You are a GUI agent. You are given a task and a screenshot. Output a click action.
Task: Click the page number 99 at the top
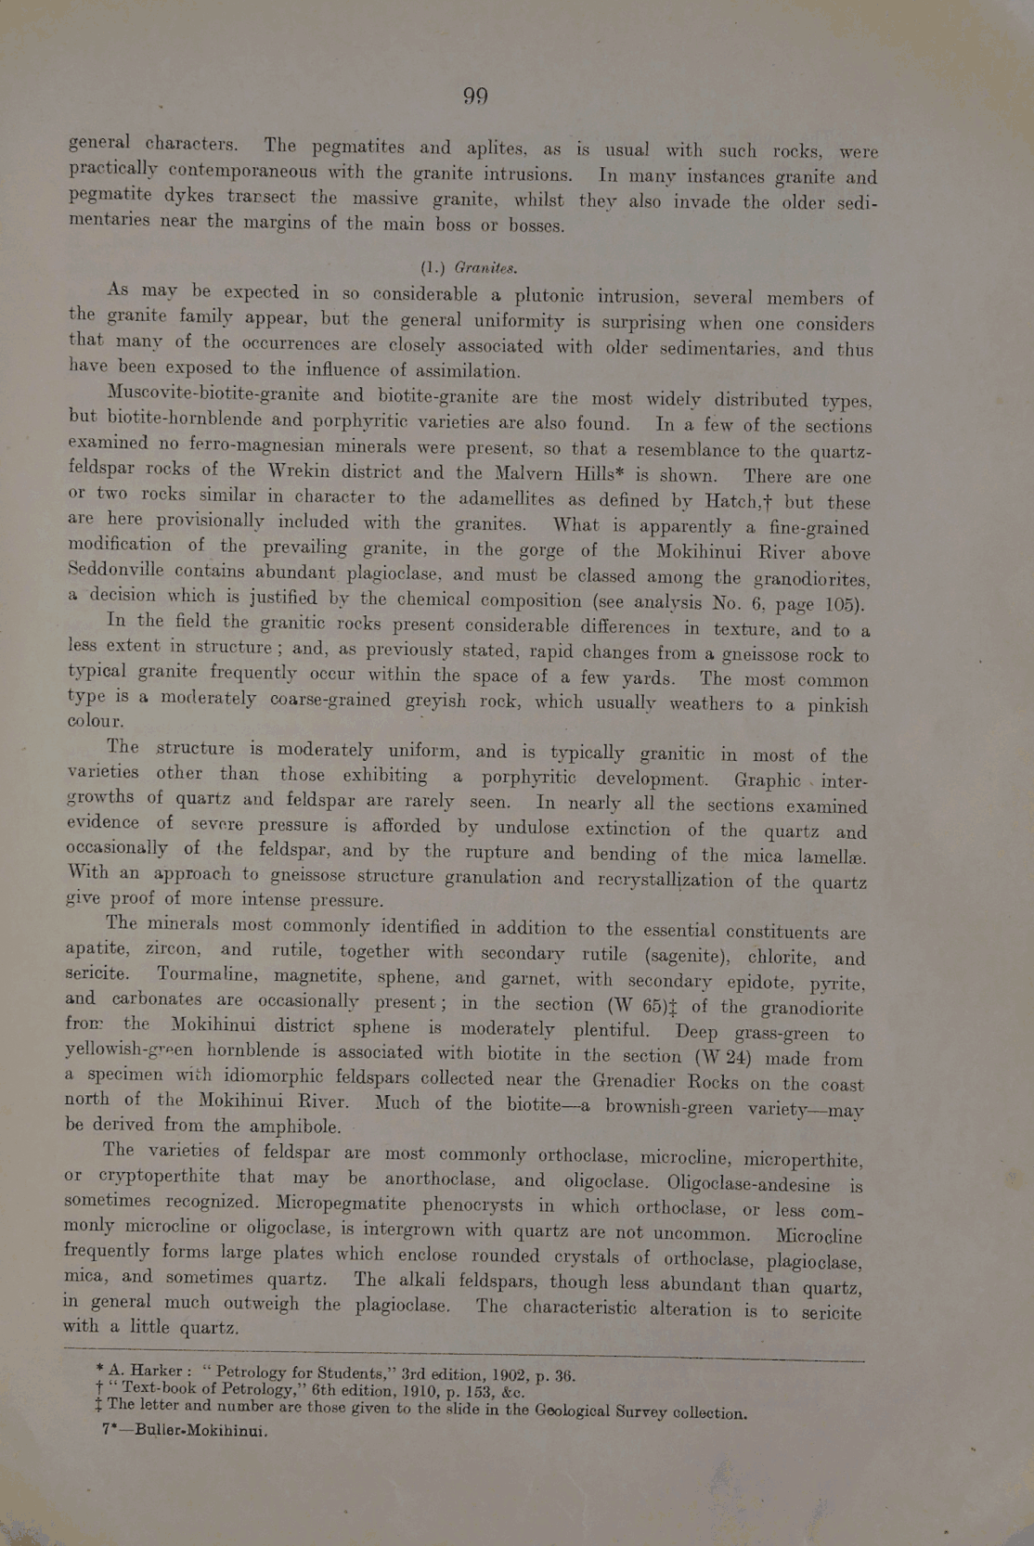point(475,97)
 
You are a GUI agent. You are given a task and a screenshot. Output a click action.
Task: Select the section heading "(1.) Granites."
point(469,268)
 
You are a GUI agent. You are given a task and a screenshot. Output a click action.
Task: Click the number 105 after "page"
point(845,605)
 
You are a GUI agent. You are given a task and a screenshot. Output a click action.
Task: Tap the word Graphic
point(767,779)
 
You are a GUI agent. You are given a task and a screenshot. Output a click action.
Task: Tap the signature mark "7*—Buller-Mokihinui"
point(184,1430)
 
